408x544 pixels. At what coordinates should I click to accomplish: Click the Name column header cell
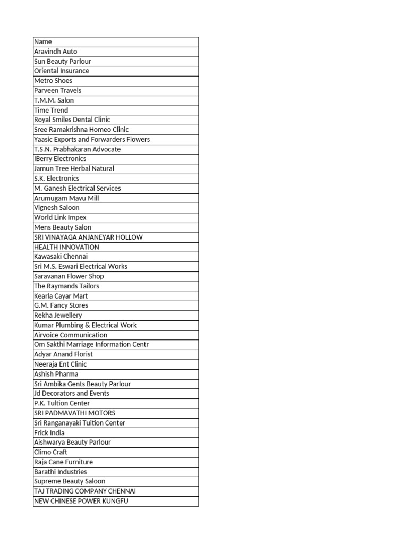coord(43,41)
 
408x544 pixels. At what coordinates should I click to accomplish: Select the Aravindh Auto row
coord(56,52)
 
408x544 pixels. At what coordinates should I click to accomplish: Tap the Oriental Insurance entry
coord(62,71)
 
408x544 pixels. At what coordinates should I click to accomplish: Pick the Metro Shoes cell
coord(53,81)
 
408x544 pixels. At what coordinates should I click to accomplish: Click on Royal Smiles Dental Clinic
coord(72,120)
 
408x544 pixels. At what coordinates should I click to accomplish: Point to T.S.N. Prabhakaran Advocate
coord(78,149)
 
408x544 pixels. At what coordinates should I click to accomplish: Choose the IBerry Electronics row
coord(60,159)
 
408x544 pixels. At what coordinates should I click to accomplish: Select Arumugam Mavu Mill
coord(66,198)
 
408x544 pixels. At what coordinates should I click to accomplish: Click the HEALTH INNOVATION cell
coord(66,247)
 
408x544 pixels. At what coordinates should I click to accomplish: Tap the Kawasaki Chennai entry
coord(61,257)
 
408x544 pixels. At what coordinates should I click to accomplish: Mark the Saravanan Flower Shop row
coord(69,276)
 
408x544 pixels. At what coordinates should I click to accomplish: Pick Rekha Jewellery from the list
coord(58,315)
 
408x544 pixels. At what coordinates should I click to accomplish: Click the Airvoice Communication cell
coord(71,335)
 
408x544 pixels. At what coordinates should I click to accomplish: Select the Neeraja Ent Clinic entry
coord(60,364)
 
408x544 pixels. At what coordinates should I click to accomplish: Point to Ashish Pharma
coord(56,374)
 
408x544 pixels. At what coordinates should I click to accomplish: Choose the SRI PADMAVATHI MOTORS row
coord(74,413)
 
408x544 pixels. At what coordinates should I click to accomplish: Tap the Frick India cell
coord(49,432)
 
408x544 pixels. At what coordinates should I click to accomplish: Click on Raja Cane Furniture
coord(63,462)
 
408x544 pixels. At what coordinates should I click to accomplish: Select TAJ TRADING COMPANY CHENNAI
coord(85,491)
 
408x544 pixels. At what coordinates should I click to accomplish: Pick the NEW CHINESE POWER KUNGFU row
coord(81,501)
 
